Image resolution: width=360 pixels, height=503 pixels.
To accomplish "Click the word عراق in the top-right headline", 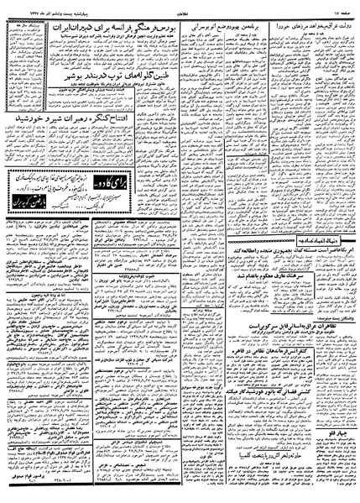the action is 336,19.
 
